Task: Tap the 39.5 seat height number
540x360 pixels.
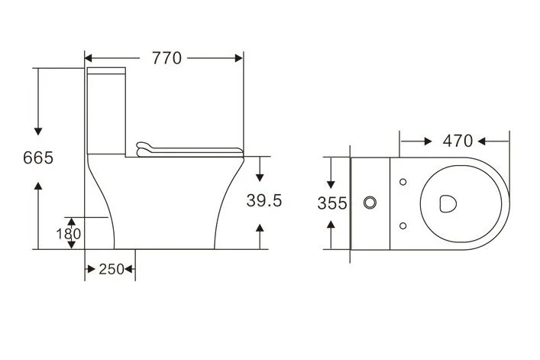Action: (264, 201)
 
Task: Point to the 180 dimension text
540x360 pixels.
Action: (67, 234)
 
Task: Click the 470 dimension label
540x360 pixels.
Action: (457, 141)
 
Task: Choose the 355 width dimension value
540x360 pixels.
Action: (332, 203)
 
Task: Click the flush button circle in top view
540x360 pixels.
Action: (371, 203)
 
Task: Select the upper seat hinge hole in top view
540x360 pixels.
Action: (403, 181)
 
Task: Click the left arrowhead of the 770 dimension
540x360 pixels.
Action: (88, 57)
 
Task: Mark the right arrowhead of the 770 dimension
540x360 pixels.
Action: (239, 57)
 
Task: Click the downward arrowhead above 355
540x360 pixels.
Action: (331, 184)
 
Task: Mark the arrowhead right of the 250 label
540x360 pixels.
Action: (130, 270)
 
